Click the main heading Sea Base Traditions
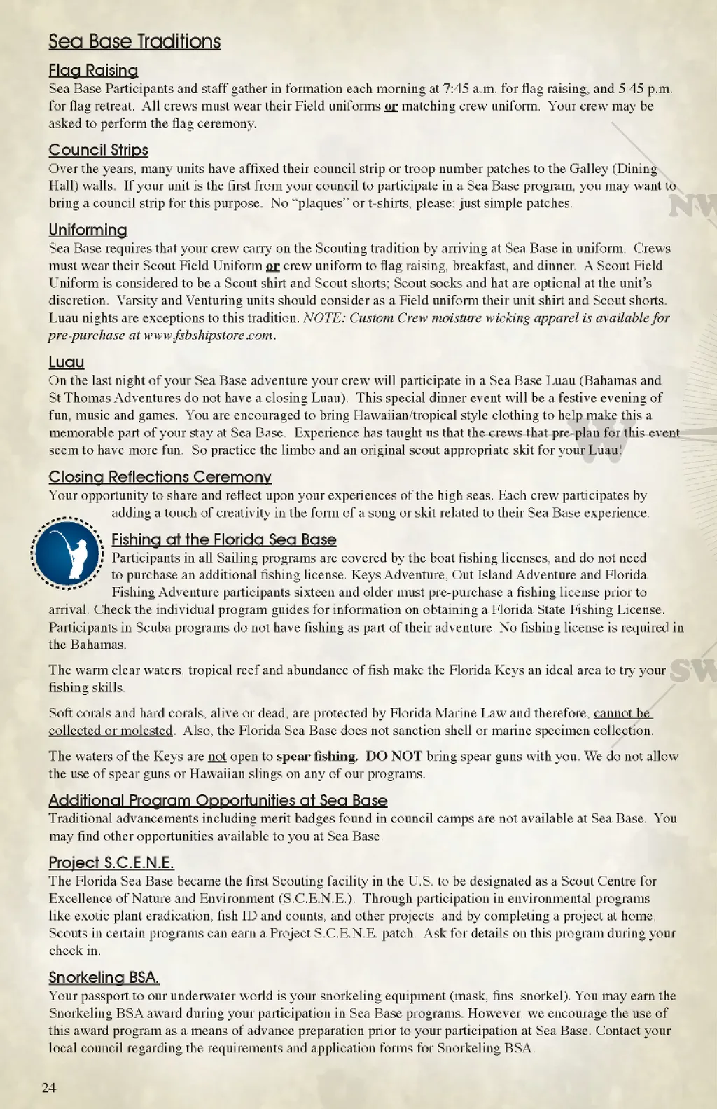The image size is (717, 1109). [134, 41]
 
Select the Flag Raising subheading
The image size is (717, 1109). [93, 70]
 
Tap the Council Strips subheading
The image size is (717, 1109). [98, 150]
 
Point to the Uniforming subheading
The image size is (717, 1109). [88, 230]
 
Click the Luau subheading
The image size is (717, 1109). [67, 362]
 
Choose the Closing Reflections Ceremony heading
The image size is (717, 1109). [160, 477]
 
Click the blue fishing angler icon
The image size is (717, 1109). [67, 553]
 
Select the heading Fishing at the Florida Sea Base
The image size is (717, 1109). [224, 539]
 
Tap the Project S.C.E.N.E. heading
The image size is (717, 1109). [111, 862]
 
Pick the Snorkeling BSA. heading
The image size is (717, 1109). [104, 977]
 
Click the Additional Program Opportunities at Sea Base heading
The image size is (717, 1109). [218, 800]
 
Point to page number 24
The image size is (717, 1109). [49, 1087]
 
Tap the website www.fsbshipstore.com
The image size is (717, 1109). [209, 336]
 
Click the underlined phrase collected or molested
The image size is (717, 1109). [111, 731]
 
